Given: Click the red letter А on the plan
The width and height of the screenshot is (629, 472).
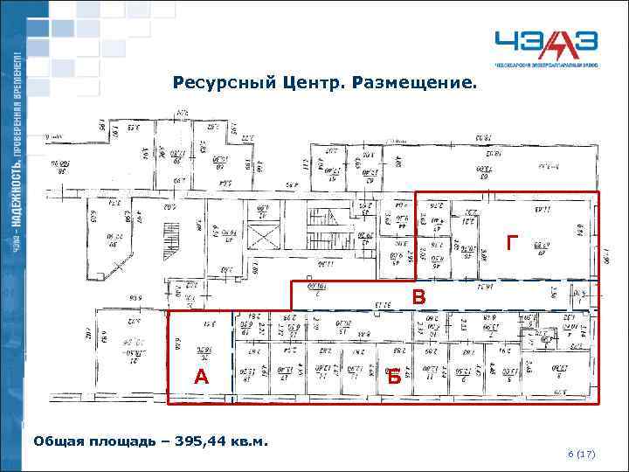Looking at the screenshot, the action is pos(202,377).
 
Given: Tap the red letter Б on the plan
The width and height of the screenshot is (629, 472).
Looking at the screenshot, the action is pos(394,378).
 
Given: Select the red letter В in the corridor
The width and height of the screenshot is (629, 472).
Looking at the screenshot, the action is pos(419,298).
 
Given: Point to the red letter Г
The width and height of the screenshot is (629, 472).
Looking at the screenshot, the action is pos(512,244).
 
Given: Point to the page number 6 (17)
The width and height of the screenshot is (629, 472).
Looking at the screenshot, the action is pos(581,455).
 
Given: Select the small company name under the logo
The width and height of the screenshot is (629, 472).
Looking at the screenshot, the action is pos(549,66).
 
